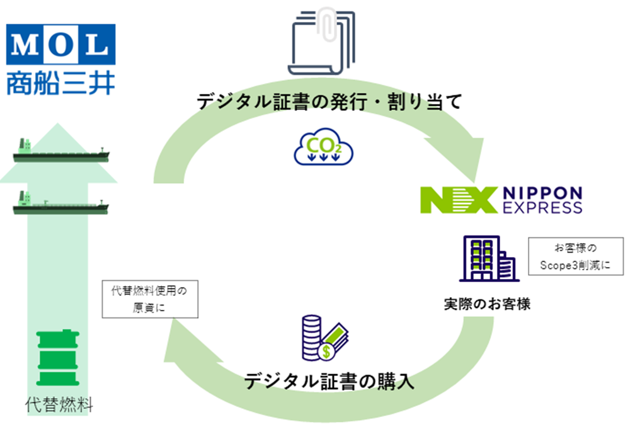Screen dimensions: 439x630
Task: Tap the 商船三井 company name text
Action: (61, 82)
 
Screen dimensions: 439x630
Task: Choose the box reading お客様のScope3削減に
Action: (576, 256)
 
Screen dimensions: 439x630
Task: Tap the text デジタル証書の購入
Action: (329, 382)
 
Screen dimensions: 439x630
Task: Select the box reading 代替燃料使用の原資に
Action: (150, 299)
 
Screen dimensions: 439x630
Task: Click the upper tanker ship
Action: (61, 153)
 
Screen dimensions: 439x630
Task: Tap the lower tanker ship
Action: (61, 205)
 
